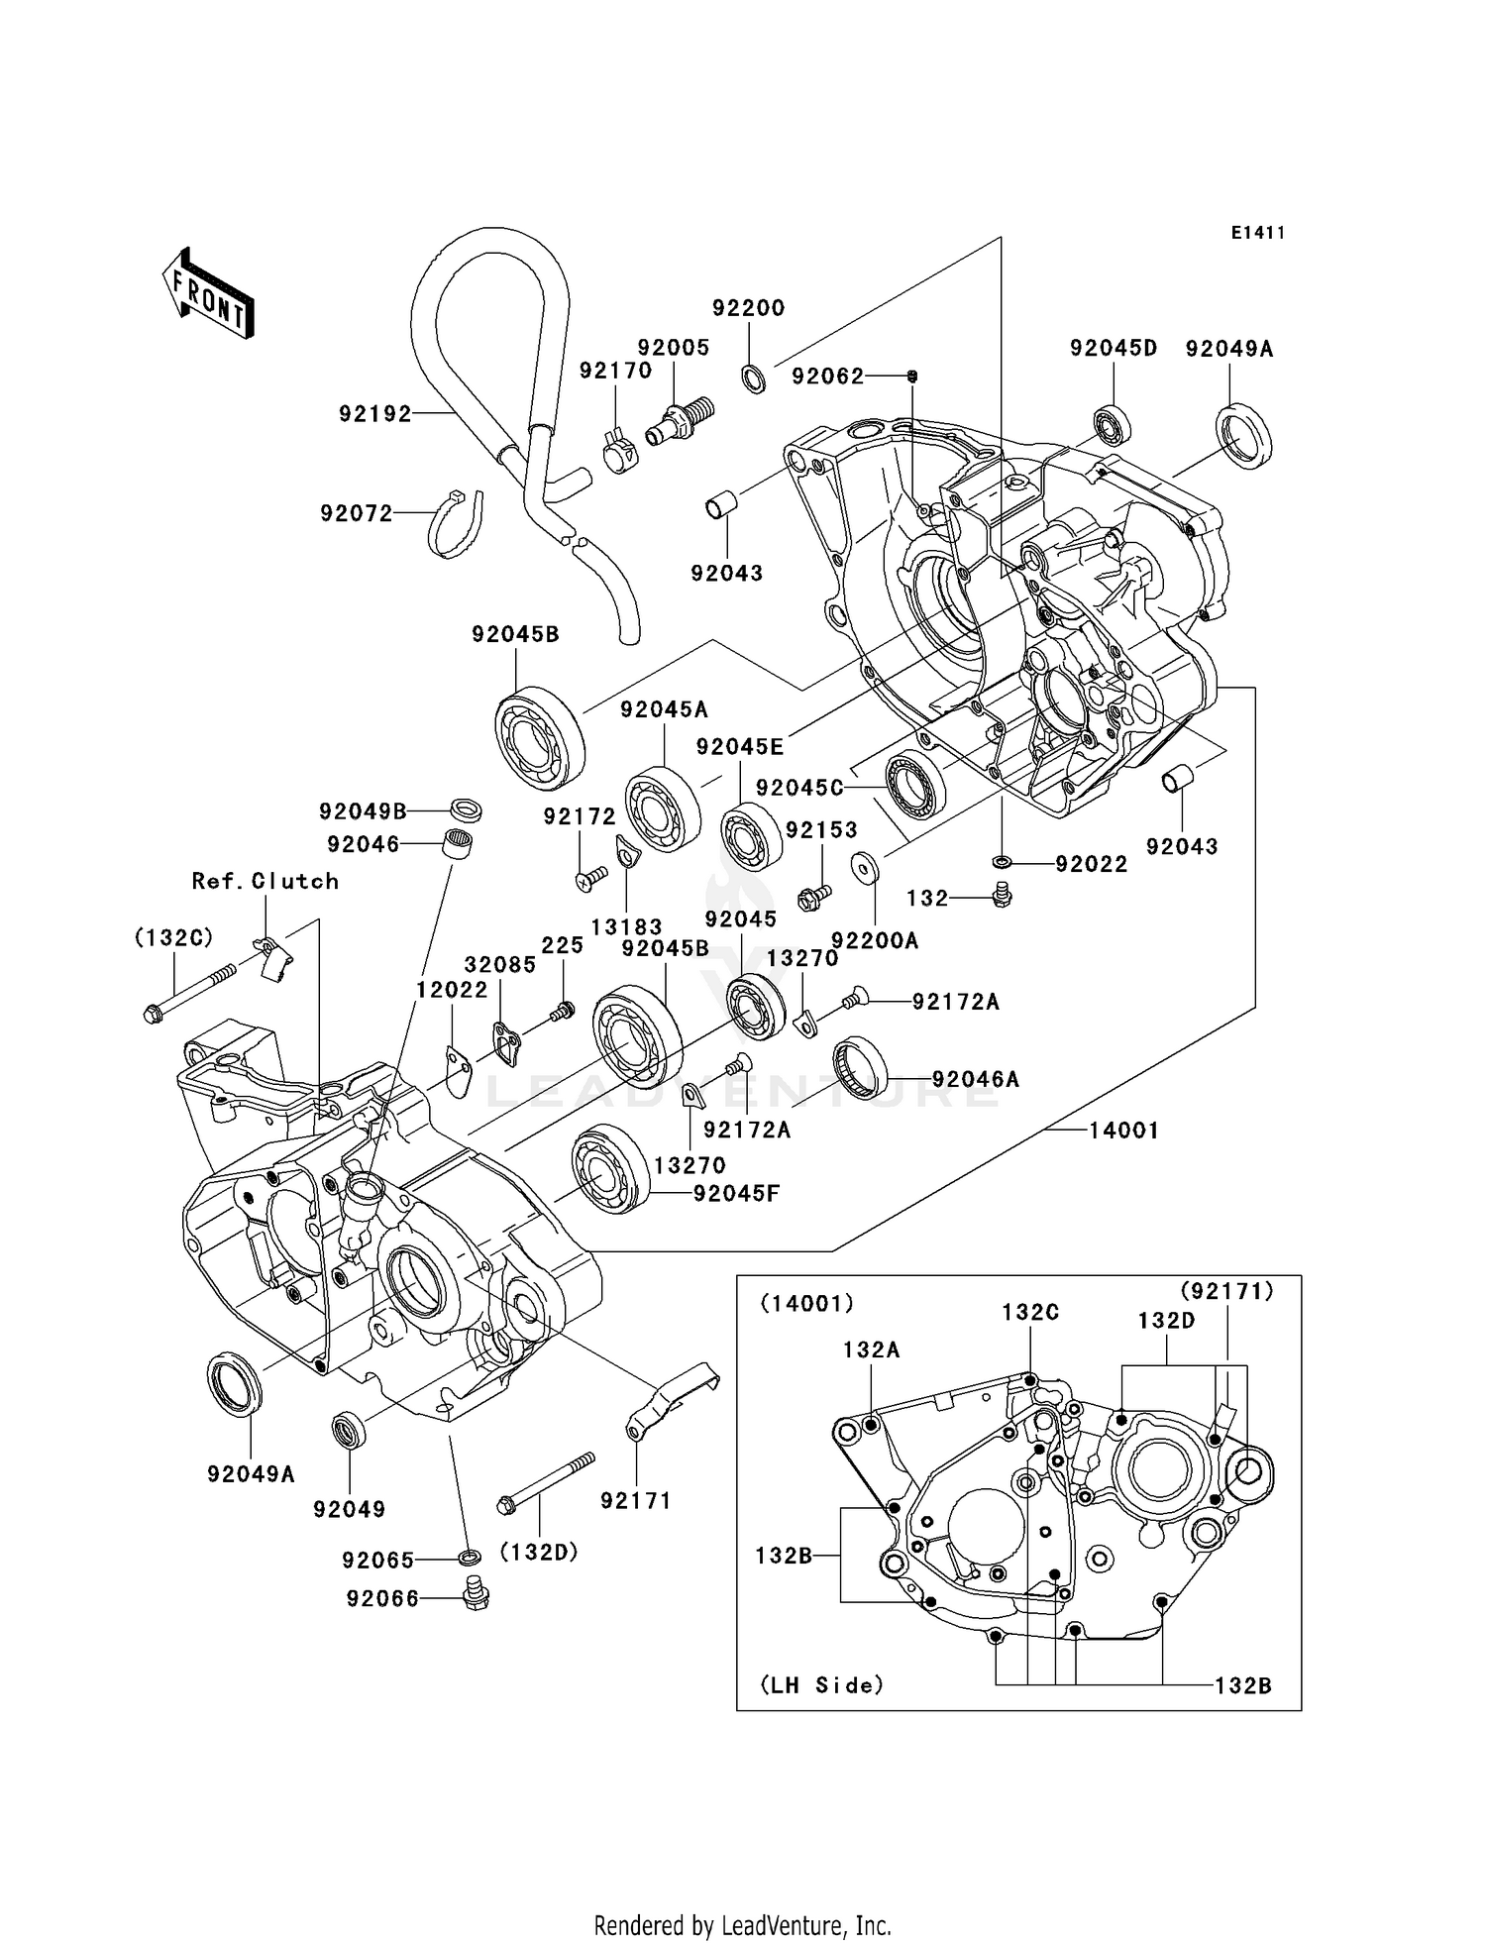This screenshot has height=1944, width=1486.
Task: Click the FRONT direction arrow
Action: (208, 295)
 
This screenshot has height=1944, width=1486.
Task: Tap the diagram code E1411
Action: (1257, 233)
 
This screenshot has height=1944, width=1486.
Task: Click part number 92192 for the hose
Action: (375, 414)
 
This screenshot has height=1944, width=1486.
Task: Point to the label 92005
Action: (674, 348)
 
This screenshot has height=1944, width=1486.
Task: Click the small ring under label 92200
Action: (754, 379)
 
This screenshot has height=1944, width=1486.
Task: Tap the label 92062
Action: (828, 377)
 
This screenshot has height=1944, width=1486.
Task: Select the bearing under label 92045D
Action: (1113, 426)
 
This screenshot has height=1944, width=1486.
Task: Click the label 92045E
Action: (740, 747)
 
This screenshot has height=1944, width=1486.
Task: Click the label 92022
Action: (1092, 864)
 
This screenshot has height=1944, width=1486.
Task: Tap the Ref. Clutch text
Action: (265, 881)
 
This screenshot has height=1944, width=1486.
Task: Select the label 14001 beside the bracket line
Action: (1123, 1130)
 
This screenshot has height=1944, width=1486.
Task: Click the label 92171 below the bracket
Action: (636, 1501)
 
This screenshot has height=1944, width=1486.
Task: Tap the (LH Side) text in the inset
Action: (821, 1685)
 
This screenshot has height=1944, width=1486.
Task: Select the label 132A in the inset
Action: (872, 1350)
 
